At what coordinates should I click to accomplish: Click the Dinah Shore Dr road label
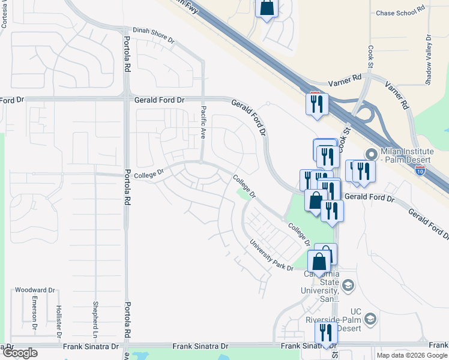(152, 35)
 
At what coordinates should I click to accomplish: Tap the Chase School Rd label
(400, 12)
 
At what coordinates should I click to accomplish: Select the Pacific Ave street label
(204, 121)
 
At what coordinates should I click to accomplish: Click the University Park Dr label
(271, 256)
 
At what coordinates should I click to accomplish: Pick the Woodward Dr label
(35, 290)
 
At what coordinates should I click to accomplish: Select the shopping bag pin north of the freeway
(267, 8)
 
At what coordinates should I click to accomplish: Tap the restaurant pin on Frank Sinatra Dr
(326, 333)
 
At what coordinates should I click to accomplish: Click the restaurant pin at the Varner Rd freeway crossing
(316, 104)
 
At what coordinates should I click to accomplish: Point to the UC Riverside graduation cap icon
(370, 319)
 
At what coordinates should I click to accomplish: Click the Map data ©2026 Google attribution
(411, 355)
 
